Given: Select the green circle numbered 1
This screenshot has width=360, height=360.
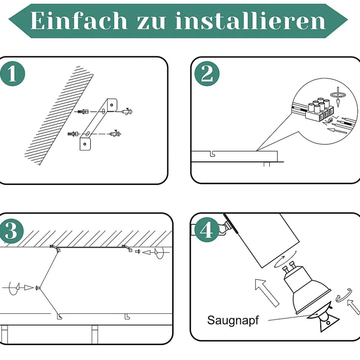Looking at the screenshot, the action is pos(12,74).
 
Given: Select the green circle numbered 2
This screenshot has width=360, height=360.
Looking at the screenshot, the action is pos(207,74).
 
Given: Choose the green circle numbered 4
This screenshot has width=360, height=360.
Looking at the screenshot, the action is pos(207,229).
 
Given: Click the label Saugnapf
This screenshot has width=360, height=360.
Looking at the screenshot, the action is pos(233,320).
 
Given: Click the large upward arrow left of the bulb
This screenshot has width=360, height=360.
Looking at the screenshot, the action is pos(267,292).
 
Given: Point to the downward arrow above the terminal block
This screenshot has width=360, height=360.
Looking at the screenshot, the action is pos(338,97).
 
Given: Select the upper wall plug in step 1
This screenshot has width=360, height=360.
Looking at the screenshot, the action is pos(83,112).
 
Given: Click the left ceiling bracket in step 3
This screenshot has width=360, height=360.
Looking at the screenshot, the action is pos(55,248).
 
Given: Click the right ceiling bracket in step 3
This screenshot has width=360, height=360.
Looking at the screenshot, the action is pos(127,248).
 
